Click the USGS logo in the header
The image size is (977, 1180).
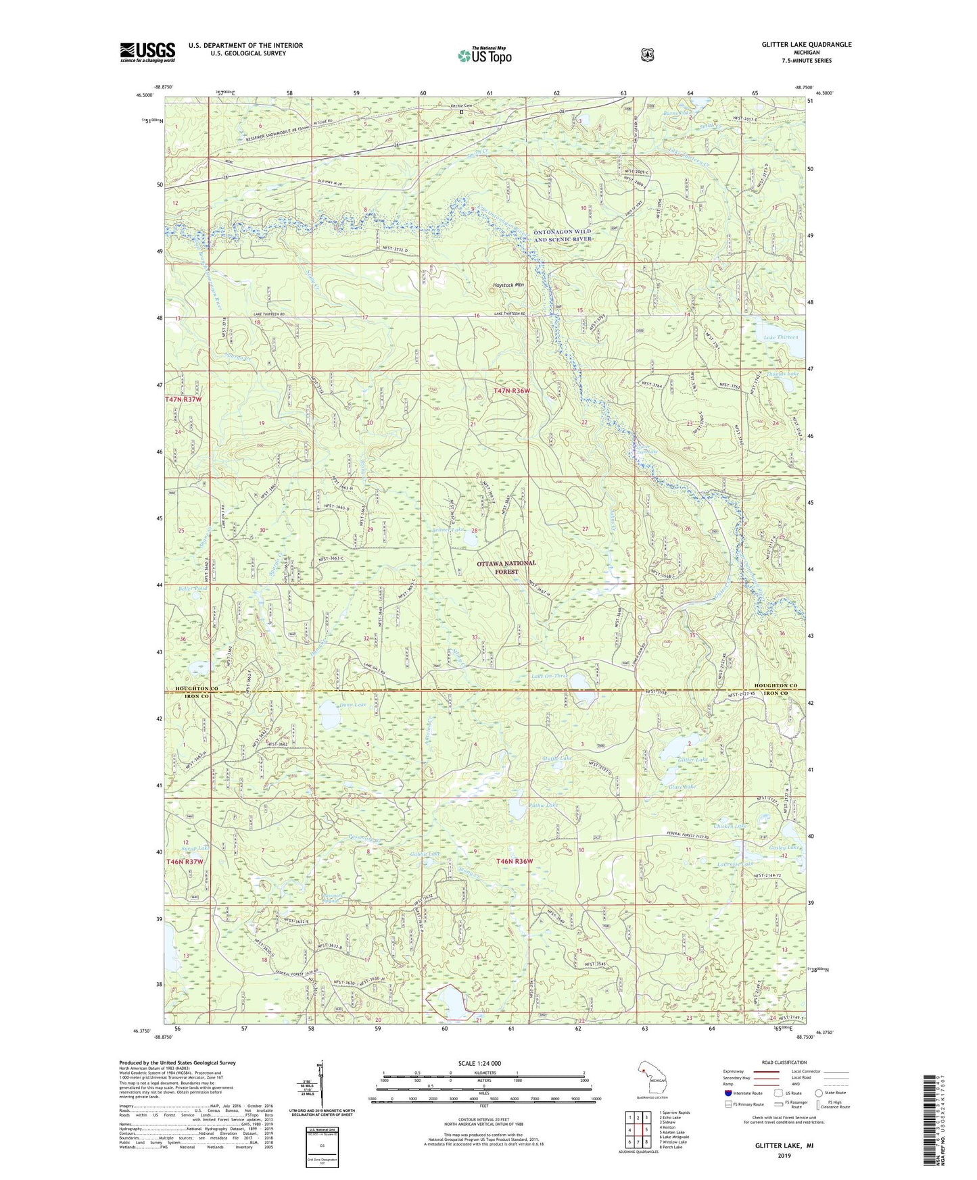click(x=147, y=52)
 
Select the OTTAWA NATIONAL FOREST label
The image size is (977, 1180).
click(x=506, y=566)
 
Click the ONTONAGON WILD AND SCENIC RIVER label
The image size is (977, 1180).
click(x=563, y=235)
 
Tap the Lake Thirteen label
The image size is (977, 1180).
click(x=780, y=337)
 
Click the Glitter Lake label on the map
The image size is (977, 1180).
click(x=692, y=760)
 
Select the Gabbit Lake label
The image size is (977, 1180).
click(x=425, y=854)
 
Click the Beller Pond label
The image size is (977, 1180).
click(x=192, y=589)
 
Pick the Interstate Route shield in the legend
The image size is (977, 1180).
click(x=728, y=1093)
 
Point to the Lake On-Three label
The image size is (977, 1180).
click(x=548, y=676)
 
